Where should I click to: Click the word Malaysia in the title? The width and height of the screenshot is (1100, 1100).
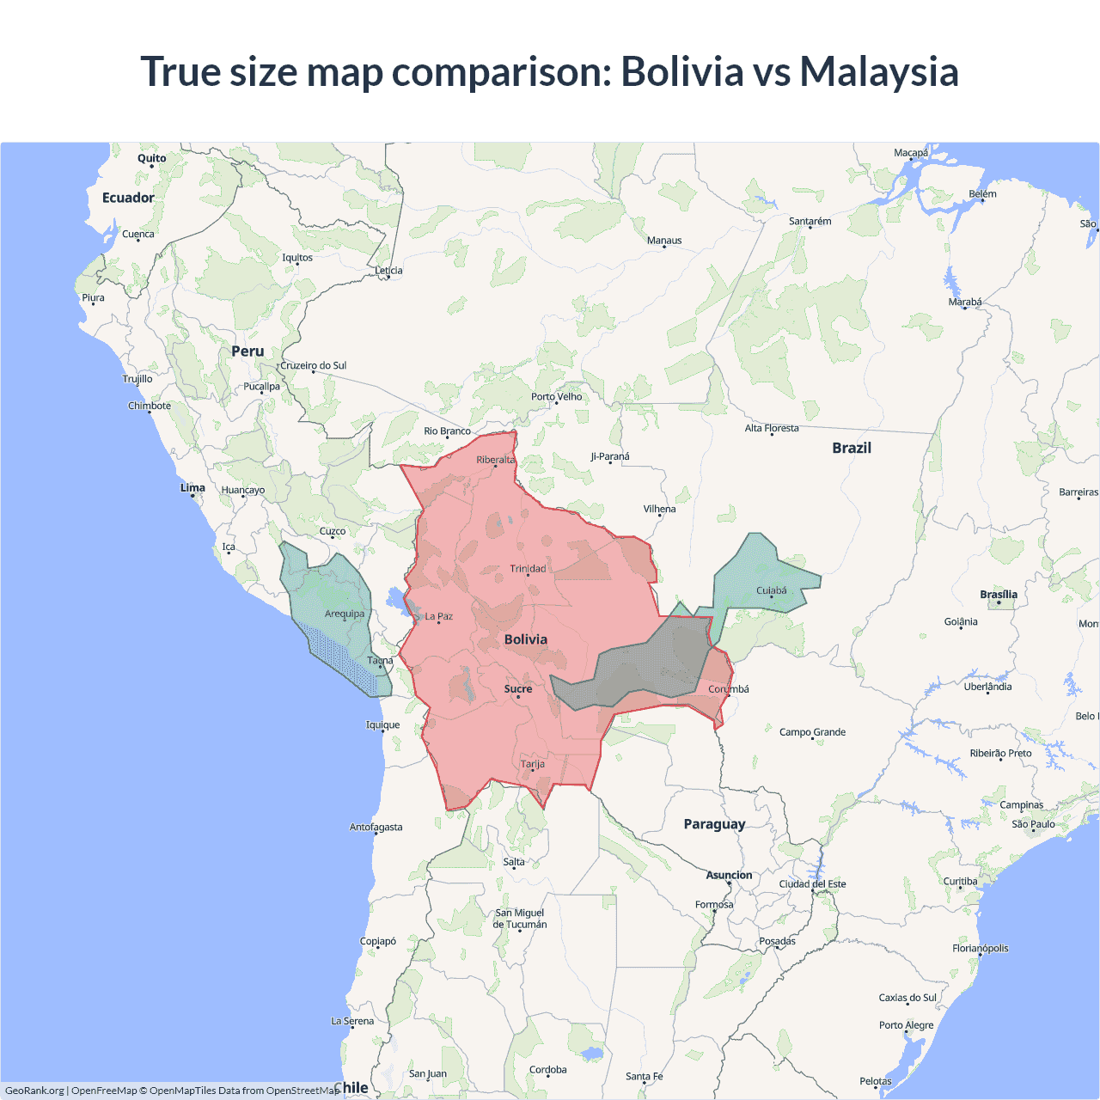pos(878,71)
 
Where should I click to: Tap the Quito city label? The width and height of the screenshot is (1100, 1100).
pos(152,158)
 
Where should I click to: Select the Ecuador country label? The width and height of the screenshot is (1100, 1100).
pos(128,198)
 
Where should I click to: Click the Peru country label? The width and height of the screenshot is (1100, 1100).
pos(247,351)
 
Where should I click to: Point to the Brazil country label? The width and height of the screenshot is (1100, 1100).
pos(852,448)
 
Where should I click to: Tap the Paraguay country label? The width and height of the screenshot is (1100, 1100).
pos(714,824)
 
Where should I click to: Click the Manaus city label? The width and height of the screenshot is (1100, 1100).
pos(664,241)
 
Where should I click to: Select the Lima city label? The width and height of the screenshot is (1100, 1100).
pos(192,488)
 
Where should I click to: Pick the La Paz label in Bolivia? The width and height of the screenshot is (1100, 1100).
pos(439,616)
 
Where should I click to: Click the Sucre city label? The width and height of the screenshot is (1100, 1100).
pos(518,689)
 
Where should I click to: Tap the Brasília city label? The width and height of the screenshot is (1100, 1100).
pos(999,595)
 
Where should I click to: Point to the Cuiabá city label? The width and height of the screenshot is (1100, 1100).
pos(772,590)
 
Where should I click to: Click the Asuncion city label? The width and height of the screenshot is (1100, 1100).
pos(729,875)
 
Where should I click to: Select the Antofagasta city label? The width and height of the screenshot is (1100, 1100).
pos(376,827)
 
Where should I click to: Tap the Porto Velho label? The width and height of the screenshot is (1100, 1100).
pos(556,397)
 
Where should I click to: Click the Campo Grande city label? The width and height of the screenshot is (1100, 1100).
pos(812,732)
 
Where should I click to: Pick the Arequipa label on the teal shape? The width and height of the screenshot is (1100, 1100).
pos(345,614)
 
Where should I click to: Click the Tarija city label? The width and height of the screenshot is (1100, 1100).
pos(533,764)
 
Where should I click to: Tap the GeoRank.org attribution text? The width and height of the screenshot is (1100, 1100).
pos(34,1091)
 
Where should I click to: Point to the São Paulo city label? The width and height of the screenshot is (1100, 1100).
pos(1033,824)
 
